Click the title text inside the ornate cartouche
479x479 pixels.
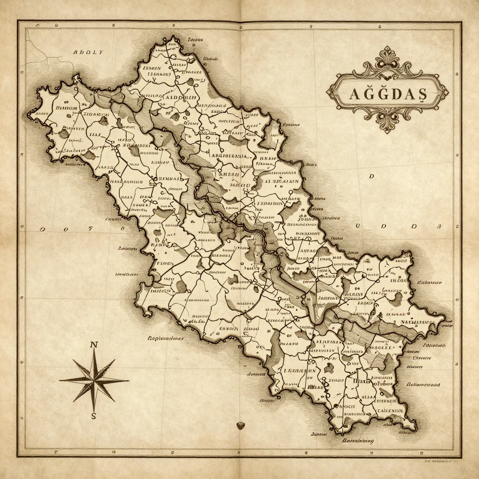pos(388,94)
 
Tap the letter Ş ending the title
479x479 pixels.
pos(421,94)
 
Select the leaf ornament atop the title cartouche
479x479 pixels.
pos(386,55)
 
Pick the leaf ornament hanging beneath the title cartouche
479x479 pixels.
pos(387,123)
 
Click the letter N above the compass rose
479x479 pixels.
pos(94,345)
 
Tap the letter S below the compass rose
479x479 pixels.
pos(94,416)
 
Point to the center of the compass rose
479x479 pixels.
pos(94,380)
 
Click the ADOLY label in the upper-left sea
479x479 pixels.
pos(88,52)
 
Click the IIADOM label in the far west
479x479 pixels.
pos(66,108)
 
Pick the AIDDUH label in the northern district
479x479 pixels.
pos(180,97)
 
